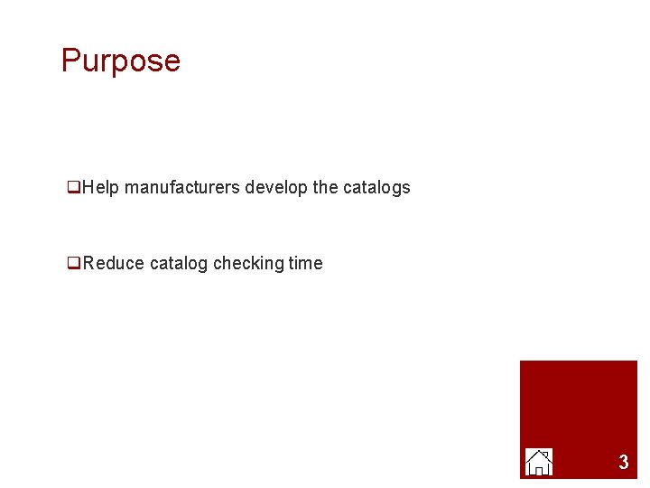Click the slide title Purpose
click(x=121, y=61)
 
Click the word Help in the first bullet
click(x=101, y=188)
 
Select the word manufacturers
click(x=182, y=188)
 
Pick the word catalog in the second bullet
click(x=179, y=264)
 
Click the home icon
click(x=539, y=462)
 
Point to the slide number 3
click(x=623, y=463)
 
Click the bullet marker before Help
click(x=73, y=189)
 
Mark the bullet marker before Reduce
click(x=73, y=265)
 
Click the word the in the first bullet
click(x=324, y=188)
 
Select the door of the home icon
click(x=539, y=469)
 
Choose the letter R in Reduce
click(x=88, y=264)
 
